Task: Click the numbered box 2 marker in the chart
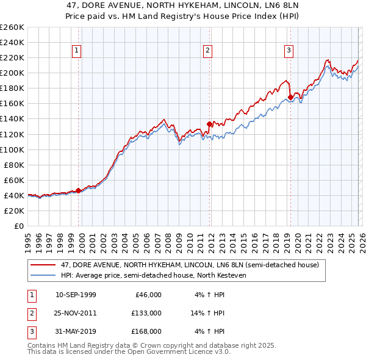(x=208, y=51)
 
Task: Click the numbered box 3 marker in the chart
(x=289, y=51)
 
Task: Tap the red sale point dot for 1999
(x=79, y=190)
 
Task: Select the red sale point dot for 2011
(x=210, y=124)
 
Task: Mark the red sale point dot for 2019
(x=290, y=97)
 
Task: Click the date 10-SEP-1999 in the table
(x=76, y=295)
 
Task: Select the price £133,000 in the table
(x=146, y=313)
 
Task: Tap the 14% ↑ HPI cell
(x=207, y=313)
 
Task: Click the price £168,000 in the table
(x=146, y=331)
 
